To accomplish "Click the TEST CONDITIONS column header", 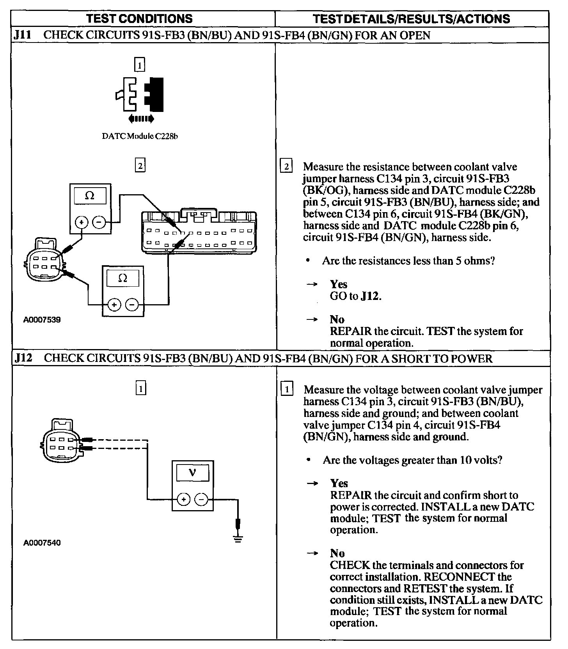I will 139,19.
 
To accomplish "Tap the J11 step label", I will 22,35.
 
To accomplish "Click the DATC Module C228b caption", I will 140,137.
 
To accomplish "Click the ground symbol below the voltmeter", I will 238,539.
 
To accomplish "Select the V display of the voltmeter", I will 192,473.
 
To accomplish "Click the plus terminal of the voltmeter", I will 184,499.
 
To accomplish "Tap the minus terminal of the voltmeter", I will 201,499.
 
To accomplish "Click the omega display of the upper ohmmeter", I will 90,196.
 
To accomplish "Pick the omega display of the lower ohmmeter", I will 122,278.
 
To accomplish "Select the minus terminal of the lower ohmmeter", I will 132,305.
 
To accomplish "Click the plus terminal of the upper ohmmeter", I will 82,222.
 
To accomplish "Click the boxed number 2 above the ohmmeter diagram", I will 140,166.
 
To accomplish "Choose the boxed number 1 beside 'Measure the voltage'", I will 287,389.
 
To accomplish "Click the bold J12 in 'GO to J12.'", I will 370,296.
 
